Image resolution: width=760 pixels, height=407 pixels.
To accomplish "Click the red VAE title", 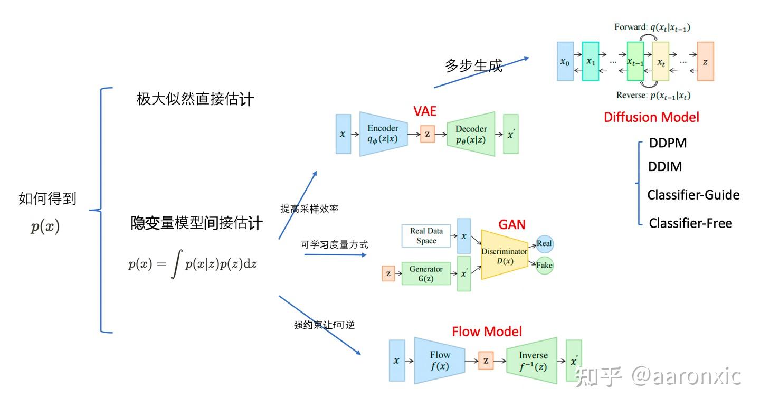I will coord(424,111).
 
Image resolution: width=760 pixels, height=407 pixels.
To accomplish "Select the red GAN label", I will coord(511,224).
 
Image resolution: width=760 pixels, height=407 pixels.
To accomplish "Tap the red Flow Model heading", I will coord(487,332).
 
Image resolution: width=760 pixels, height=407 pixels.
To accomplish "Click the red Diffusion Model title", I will coord(651,117).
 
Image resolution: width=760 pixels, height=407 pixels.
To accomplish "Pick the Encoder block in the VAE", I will coord(383,134).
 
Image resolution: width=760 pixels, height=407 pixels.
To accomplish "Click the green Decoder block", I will coord(471,134).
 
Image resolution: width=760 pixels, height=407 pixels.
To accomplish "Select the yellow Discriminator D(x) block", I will coord(504,255).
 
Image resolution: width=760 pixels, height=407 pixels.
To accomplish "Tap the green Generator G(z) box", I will coord(425,273).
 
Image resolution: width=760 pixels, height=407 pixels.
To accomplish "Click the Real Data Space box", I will coord(426,236).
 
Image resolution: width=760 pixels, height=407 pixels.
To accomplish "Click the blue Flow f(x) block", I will coord(439,361).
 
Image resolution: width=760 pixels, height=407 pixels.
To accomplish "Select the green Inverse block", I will coord(532,361).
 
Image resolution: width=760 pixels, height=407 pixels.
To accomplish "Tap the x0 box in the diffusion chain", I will coord(565,62).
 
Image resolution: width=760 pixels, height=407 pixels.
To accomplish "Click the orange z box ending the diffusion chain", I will coord(705,62).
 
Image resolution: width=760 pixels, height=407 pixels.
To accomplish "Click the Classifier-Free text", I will coord(690,223).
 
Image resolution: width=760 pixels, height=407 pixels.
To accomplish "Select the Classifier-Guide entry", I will coord(693,195).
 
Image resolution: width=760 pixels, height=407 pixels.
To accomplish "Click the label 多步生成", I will coord(473,65).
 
